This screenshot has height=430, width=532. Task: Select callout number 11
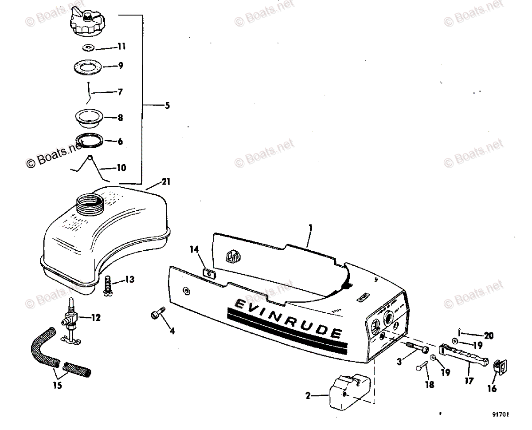(x=121, y=47)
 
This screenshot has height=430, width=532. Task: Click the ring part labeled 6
(x=89, y=141)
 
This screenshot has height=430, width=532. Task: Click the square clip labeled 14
(x=207, y=272)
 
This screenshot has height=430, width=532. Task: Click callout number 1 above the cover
(x=310, y=228)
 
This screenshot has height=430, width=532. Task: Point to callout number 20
(x=489, y=335)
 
